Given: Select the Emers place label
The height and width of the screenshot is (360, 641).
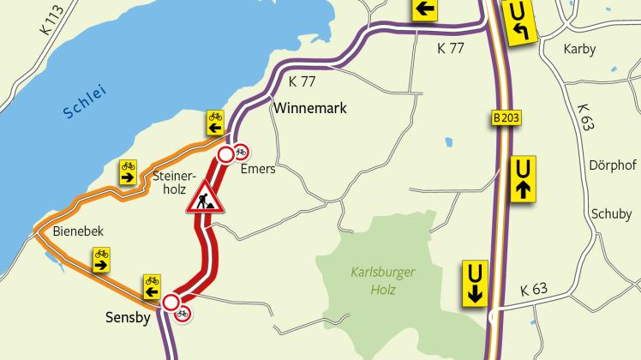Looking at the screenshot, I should click(258, 169).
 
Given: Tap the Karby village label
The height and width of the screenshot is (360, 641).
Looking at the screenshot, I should click(579, 49).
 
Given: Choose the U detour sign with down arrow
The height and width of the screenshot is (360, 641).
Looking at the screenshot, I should click(473, 283).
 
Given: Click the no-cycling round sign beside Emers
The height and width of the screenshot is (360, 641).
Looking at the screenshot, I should click(241, 152).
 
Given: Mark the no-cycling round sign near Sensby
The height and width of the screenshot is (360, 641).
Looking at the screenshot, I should click(182, 315).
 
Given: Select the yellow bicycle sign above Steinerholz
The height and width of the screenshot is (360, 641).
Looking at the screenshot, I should click(128, 171).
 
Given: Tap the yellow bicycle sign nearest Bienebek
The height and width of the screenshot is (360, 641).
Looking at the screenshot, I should click(101, 259).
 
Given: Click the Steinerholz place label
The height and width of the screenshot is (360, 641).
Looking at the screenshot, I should click(168, 183).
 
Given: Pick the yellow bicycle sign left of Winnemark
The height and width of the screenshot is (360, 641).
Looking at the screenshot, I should click(214, 123).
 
